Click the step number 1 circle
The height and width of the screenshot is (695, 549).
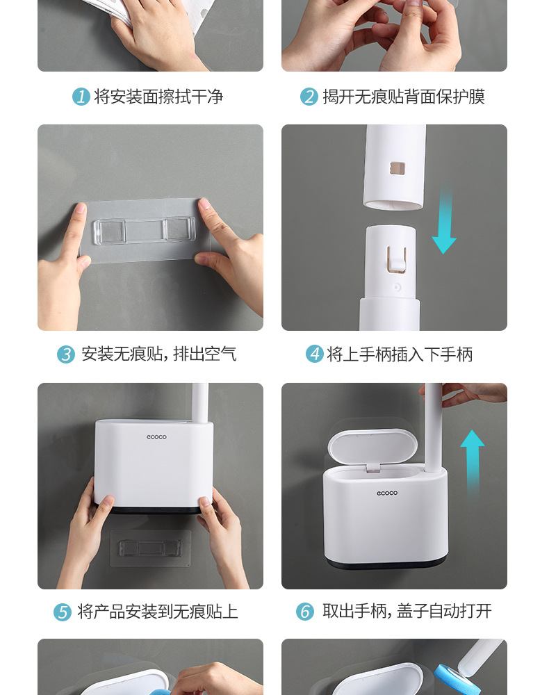81,97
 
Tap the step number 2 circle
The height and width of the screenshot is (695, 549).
309,97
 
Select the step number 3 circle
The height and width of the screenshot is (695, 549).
66,354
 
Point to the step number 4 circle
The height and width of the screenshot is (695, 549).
315,354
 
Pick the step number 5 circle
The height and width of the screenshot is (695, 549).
63,612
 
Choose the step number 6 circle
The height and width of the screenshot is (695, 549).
305,612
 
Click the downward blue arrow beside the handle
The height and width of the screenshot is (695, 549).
444,222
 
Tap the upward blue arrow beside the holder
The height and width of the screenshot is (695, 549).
473,459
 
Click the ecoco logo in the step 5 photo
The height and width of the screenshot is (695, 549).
156,437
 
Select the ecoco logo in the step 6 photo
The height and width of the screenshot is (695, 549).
387,493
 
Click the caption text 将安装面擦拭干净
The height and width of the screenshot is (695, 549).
158,97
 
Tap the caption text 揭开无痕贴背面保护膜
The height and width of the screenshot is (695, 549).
404,97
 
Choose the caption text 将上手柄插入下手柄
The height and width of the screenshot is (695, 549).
400,354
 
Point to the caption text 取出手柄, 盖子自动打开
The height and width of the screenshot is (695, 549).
407,612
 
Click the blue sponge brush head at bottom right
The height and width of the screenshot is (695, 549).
454,676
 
